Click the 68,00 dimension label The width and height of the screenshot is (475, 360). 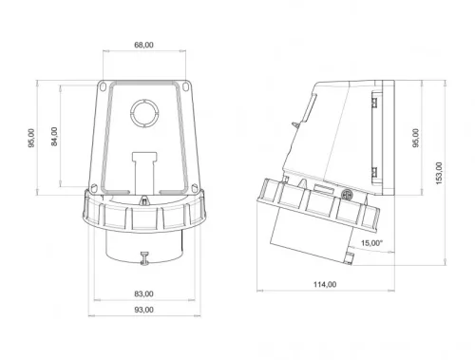(144, 44)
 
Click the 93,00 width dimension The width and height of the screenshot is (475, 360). (144, 311)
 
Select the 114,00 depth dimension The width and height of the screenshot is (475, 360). (324, 283)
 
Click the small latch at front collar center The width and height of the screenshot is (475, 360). (144, 199)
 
